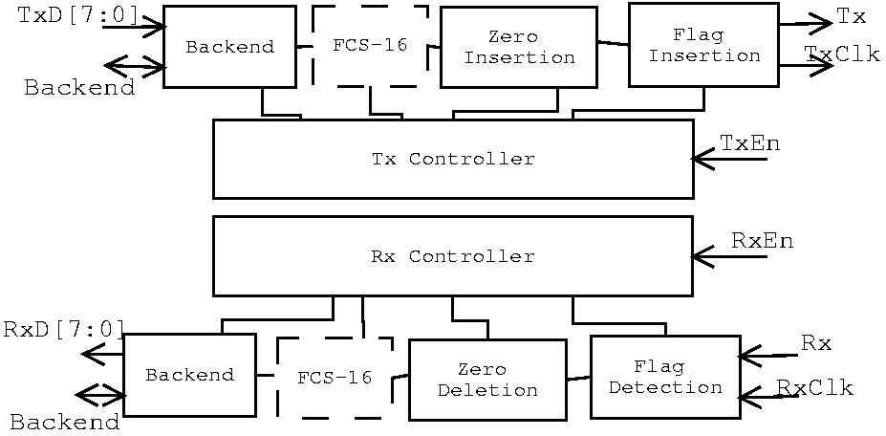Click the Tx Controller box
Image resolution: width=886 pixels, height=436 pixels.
452,159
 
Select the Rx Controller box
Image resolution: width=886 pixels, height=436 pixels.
452,256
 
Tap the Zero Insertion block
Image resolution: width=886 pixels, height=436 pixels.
518,47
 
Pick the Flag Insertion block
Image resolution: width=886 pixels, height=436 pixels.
703,45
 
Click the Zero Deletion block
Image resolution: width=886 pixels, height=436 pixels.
487,380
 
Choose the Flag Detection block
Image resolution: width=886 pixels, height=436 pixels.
665,377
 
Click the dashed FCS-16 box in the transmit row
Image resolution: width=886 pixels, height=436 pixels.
370,45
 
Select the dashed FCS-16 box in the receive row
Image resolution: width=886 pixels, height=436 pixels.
335,378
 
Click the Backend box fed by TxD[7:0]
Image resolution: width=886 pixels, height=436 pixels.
229,47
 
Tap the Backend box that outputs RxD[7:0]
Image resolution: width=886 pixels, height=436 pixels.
189,375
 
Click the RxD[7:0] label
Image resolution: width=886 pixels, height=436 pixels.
64,329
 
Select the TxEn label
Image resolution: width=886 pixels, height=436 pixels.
750,143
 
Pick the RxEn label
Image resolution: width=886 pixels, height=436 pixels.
762,240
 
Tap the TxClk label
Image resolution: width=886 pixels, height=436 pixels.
842,54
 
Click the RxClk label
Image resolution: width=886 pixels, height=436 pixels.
814,387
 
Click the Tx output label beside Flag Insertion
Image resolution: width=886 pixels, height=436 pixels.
851,16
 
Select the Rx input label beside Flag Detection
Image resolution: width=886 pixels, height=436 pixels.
816,343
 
